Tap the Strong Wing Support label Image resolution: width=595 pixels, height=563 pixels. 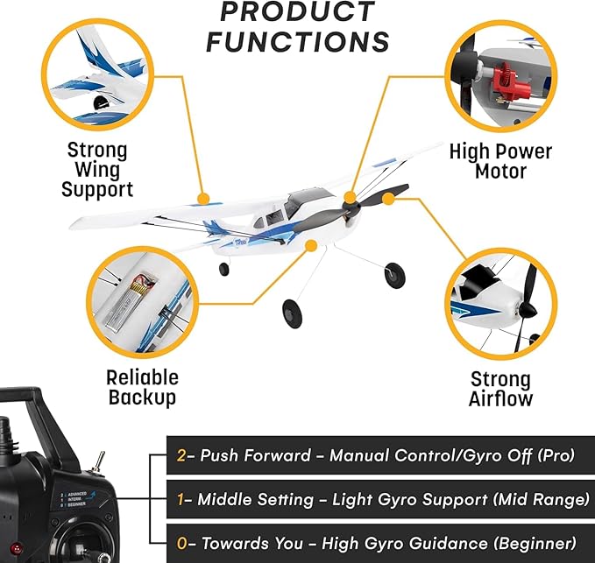tap(97, 169)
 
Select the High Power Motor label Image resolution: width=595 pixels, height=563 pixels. tap(500, 161)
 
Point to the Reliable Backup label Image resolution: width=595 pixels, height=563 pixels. tap(142, 388)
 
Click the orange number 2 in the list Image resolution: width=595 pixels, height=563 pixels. tap(182, 456)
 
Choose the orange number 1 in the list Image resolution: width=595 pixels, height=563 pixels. tap(181, 499)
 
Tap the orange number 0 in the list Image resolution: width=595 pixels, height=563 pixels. tap(182, 543)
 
